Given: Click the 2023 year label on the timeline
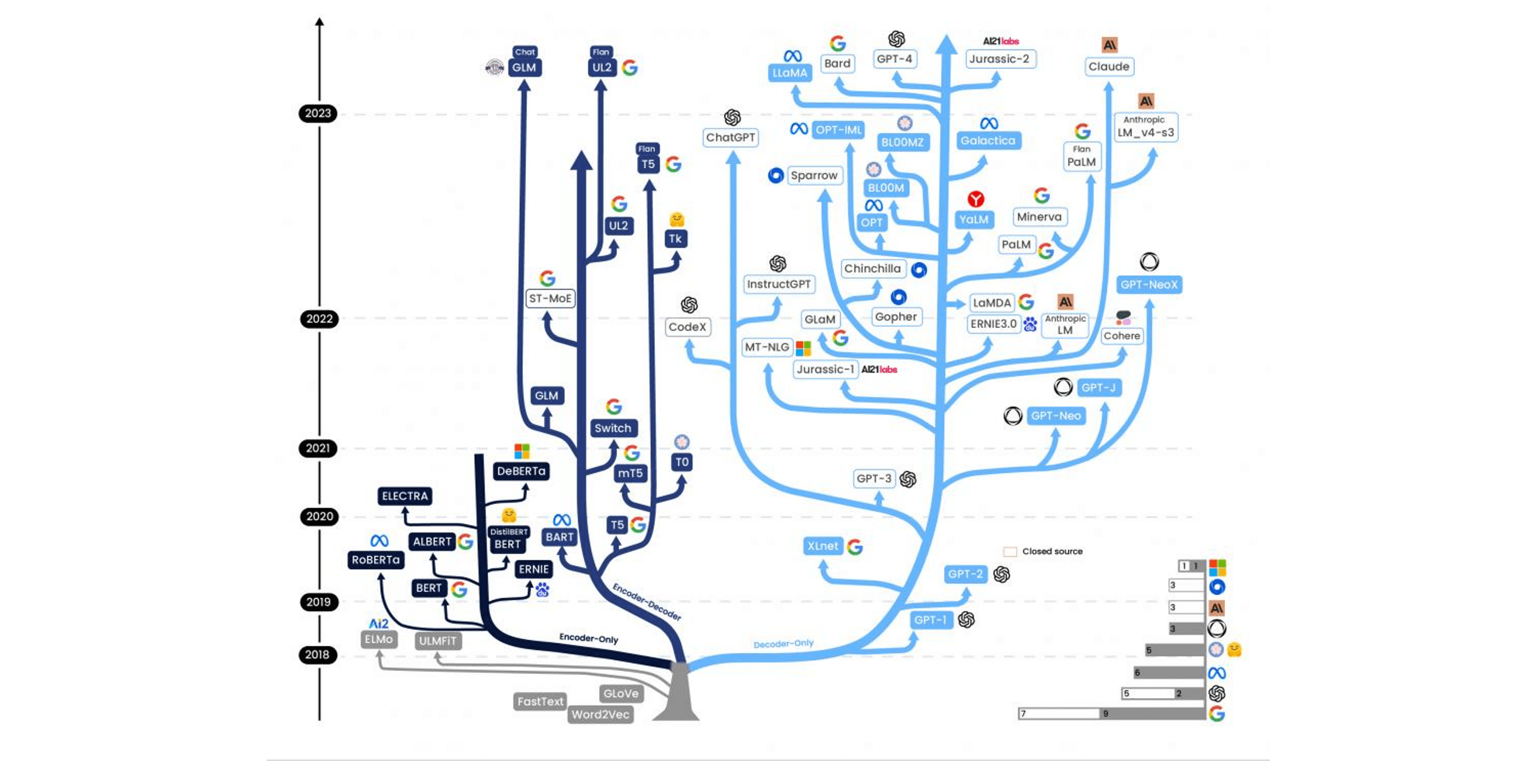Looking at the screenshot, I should pyautogui.click(x=317, y=113).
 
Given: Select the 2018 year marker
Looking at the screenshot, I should pyautogui.click(x=317, y=654).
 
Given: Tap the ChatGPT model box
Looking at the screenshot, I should pyautogui.click(x=730, y=137).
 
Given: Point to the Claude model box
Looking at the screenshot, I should pyautogui.click(x=1109, y=66).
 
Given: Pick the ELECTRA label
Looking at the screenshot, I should pyautogui.click(x=405, y=496).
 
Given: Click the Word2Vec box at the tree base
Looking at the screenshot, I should pyautogui.click(x=600, y=714).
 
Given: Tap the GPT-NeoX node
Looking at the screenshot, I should pyautogui.click(x=1148, y=285).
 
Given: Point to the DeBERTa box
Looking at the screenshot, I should pyautogui.click(x=521, y=471).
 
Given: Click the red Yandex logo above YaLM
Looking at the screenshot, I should pyautogui.click(x=976, y=199).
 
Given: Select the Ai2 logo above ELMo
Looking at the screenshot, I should pyautogui.click(x=378, y=623).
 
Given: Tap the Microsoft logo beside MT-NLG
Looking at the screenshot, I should pyautogui.click(x=803, y=348).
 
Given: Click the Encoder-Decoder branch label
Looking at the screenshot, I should pyautogui.click(x=647, y=601).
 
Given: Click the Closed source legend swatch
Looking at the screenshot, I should pyautogui.click(x=1010, y=552).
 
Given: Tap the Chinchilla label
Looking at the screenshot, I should pyautogui.click(x=872, y=268).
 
